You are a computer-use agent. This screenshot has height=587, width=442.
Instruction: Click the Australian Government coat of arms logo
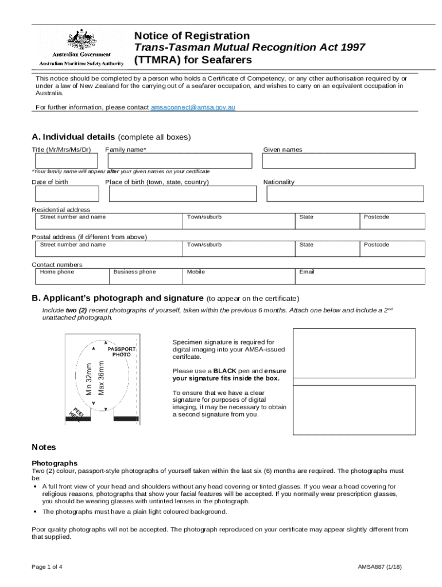(x=82, y=40)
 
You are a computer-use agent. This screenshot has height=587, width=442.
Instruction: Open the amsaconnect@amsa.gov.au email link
(x=193, y=107)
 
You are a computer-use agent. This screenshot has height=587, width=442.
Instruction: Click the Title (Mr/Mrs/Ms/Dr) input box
(x=64, y=161)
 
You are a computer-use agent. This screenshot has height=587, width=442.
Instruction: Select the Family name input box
(x=179, y=161)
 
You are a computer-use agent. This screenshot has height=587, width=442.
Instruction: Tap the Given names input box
(x=339, y=161)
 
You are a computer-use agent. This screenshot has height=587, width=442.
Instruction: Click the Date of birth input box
(x=64, y=194)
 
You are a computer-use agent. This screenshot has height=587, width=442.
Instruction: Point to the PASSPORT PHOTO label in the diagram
(x=122, y=351)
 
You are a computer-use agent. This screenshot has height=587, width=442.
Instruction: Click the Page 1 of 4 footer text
(x=47, y=567)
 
